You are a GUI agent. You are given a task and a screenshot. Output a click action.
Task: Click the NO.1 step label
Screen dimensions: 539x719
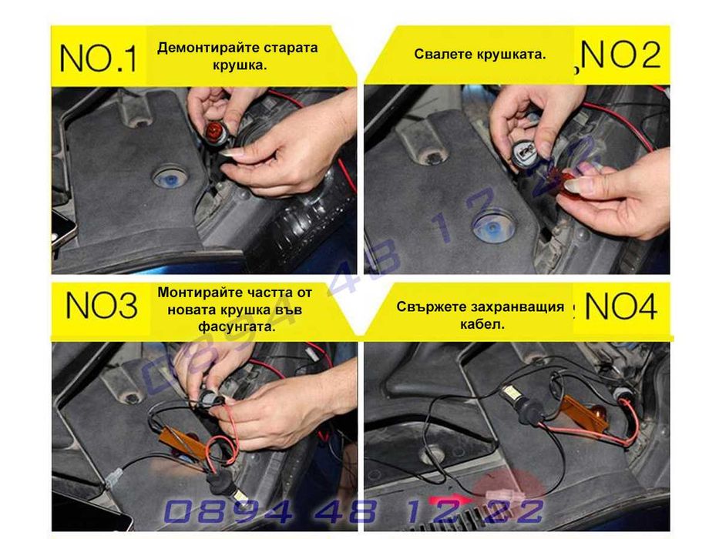coord(98,58)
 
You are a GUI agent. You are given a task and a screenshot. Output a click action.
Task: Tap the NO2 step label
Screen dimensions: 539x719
coord(621,56)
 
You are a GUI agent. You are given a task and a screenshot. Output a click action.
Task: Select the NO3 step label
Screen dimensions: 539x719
coord(101,306)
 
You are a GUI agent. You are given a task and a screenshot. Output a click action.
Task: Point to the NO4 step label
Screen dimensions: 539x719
coord(621,306)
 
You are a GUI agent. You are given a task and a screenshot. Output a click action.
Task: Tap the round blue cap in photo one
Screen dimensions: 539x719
coord(166,178)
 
